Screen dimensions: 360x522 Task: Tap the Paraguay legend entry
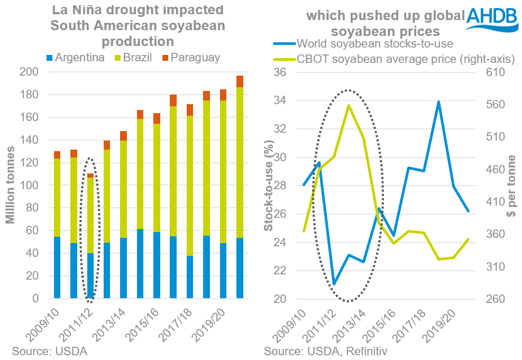click(x=191, y=58)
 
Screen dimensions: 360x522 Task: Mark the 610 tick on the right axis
click(x=500, y=72)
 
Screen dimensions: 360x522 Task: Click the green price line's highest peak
click(x=349, y=105)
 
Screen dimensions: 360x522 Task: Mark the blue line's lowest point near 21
click(x=334, y=284)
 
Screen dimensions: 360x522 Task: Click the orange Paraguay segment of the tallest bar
click(x=240, y=81)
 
